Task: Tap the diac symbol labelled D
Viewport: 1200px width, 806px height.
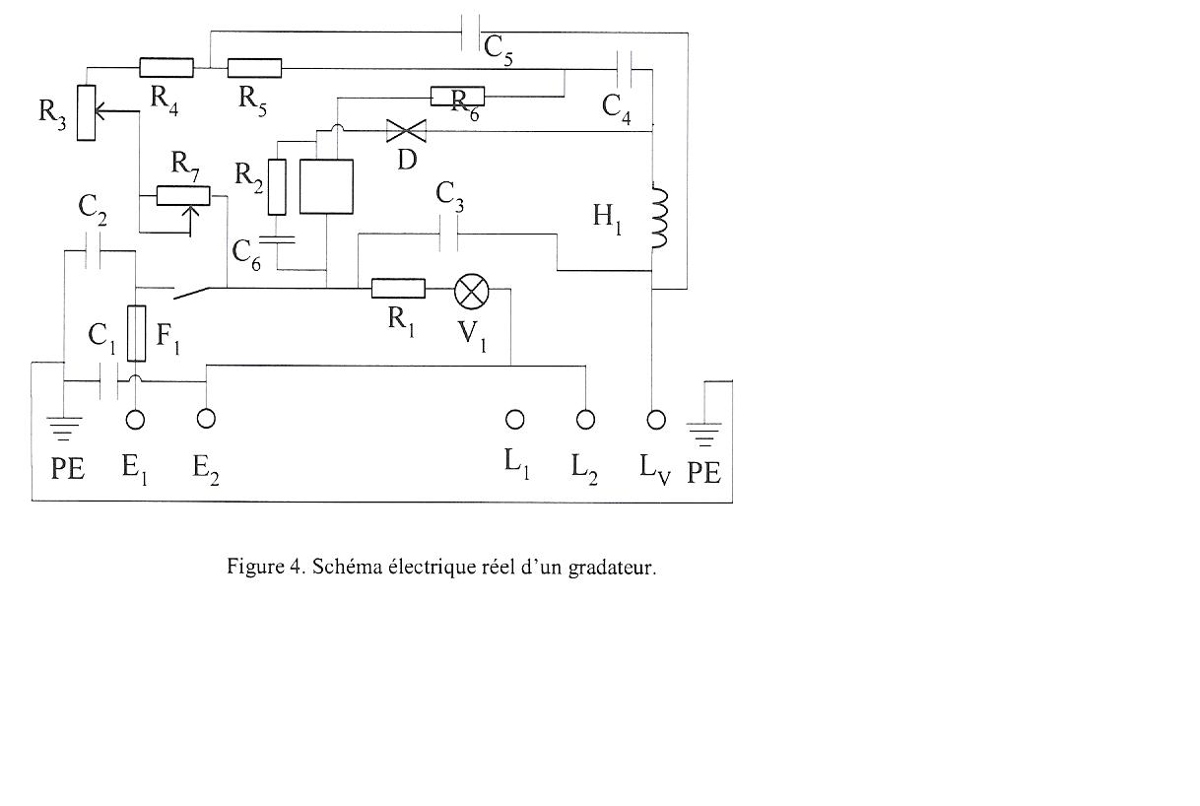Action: pyautogui.click(x=402, y=130)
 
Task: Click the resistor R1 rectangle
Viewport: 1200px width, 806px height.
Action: pyautogui.click(x=398, y=288)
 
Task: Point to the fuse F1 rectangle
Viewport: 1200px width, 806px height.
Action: pyautogui.click(x=137, y=334)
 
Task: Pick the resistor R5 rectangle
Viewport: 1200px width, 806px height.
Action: pyautogui.click(x=254, y=68)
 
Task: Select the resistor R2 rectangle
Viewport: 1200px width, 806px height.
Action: pyautogui.click(x=278, y=186)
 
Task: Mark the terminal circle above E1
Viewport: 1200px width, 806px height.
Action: pyautogui.click(x=136, y=420)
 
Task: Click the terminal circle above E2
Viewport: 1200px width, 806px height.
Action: pyautogui.click(x=205, y=419)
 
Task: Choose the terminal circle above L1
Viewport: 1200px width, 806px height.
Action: pyautogui.click(x=514, y=420)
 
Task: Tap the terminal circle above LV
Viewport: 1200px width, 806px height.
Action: pyautogui.click(x=656, y=420)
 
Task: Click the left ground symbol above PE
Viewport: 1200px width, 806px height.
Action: pyautogui.click(x=66, y=426)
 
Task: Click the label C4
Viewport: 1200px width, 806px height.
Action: pyautogui.click(x=617, y=106)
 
